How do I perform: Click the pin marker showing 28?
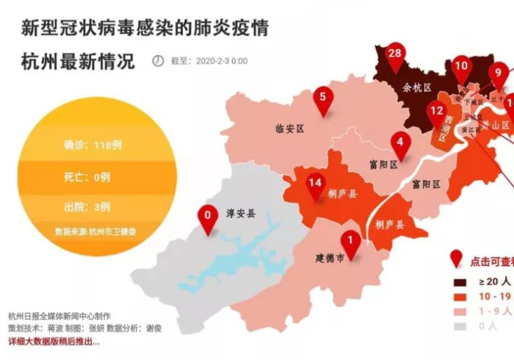coord(395,56)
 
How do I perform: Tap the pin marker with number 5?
coord(323,98)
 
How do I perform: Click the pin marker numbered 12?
coord(437,114)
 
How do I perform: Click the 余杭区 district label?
coord(417,87)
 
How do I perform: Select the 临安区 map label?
coord(289,129)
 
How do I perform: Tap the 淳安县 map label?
coord(241,214)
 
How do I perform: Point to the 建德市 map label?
coord(330,258)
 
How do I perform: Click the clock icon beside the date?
coord(158,61)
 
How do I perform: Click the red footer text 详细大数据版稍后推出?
coord(54,342)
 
